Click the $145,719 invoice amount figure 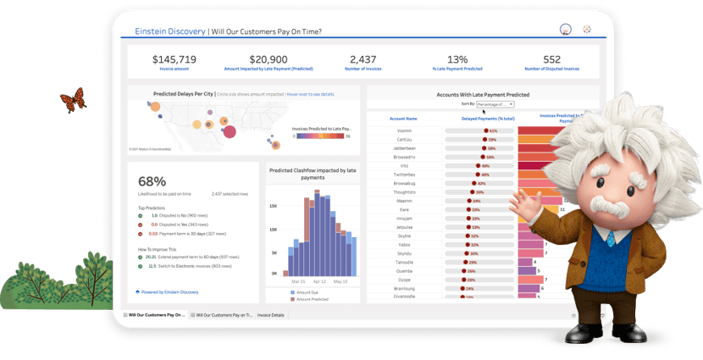174,59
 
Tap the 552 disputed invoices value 551,59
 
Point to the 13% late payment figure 457,59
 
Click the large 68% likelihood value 152,181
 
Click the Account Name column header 403,119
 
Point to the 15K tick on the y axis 274,206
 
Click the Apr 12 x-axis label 319,281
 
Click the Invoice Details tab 271,314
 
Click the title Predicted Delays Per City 183,94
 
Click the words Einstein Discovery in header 170,31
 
